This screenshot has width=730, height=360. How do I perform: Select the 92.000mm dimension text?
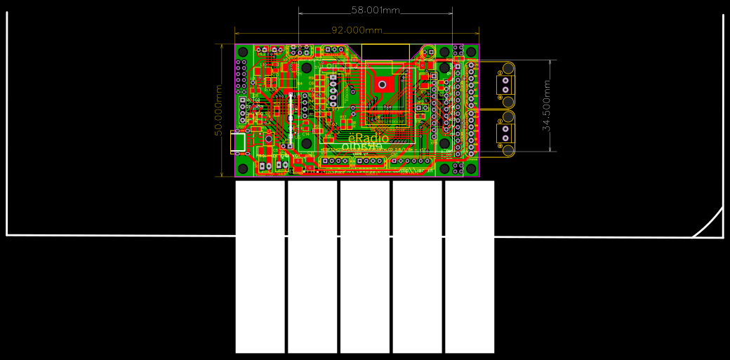357,30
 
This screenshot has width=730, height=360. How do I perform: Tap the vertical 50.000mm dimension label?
218,110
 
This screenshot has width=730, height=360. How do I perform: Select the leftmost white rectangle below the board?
260,267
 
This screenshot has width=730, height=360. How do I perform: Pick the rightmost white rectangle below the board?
470,267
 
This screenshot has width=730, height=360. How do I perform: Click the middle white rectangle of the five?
365,267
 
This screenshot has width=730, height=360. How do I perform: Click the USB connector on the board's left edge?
240,142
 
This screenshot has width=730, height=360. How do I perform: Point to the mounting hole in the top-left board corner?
244,53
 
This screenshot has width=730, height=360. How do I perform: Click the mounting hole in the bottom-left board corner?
244,168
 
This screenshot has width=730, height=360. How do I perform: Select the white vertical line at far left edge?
7,126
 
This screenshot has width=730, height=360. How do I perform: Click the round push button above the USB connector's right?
268,139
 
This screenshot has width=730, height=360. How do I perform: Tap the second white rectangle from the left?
312,267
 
